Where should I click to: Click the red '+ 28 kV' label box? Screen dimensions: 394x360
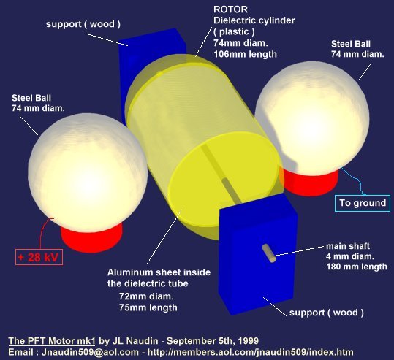tap(39, 257)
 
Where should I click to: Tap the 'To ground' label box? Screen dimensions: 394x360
tap(363, 203)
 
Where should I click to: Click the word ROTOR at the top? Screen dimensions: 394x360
tap(230, 9)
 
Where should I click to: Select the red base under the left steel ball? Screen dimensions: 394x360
tap(91, 237)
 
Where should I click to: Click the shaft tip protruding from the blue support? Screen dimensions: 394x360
tap(268, 253)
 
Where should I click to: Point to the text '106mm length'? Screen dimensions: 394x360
tap(245, 54)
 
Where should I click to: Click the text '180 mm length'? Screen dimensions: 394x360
tap(357, 267)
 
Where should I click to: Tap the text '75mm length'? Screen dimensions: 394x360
tap(148, 307)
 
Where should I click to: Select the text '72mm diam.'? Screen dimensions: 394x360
tap(146, 296)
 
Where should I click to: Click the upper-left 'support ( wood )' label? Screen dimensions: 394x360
tap(83, 24)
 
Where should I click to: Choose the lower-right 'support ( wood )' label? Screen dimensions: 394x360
tap(327, 313)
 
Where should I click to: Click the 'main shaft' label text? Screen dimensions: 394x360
tap(348, 246)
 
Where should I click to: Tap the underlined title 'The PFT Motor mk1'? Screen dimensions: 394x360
tap(52, 341)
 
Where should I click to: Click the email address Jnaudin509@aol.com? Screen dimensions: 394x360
tap(90, 352)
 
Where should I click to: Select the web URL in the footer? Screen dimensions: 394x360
tap(250, 352)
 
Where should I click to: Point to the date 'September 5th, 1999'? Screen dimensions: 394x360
tap(213, 341)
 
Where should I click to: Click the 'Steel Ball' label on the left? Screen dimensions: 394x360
tap(31, 98)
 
